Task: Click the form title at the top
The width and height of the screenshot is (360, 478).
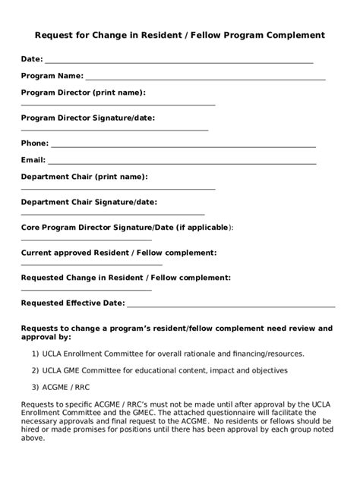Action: point(180,35)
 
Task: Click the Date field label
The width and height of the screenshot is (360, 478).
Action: point(32,59)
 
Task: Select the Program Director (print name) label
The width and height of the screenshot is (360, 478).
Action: point(83,93)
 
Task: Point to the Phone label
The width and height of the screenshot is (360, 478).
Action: point(34,143)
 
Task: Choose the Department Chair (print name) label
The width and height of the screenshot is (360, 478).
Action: point(84,177)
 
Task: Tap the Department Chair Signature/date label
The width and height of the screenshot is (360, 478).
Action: point(89,203)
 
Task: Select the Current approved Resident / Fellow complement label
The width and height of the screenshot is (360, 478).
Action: point(118,253)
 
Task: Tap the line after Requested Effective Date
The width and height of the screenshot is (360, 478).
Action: point(231,305)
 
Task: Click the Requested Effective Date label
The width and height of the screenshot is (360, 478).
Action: point(72,303)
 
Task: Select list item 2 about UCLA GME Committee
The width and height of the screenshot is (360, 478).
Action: point(159,370)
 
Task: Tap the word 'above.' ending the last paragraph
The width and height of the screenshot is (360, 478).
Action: point(33,438)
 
